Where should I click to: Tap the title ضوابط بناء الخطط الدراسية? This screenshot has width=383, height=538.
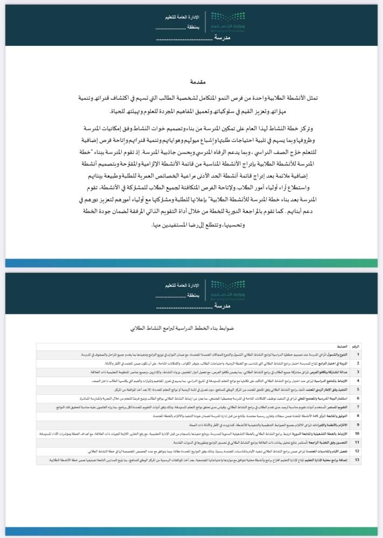point(191,327)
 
